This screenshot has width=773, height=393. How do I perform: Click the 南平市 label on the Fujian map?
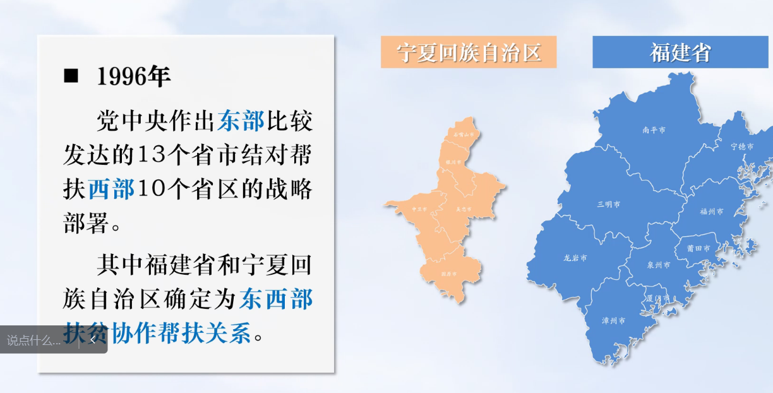[x=654, y=130]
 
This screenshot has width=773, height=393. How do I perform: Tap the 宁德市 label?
[x=742, y=146]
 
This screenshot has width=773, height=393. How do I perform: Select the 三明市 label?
[x=608, y=205]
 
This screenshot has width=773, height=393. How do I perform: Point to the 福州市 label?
[x=712, y=212]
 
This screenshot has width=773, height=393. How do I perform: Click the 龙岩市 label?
[x=575, y=258]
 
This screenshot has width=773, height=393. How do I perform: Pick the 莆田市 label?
[x=698, y=248]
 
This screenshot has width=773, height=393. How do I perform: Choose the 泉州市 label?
[x=659, y=265]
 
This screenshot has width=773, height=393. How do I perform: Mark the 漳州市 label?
[x=614, y=320]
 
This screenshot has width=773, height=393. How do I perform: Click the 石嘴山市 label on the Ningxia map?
[x=464, y=135]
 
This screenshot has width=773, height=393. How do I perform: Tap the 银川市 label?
[x=454, y=162]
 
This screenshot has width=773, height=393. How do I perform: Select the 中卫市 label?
[x=419, y=209]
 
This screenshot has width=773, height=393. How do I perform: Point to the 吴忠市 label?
[x=464, y=209]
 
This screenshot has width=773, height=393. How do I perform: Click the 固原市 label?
[x=448, y=274]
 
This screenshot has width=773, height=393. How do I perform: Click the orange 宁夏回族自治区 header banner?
[x=468, y=52]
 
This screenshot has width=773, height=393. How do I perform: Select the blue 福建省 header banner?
[x=680, y=52]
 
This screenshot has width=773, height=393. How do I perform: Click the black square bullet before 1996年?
[x=71, y=76]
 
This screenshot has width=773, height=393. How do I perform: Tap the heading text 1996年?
[x=134, y=76]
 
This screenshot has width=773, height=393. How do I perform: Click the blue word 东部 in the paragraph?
[x=241, y=121]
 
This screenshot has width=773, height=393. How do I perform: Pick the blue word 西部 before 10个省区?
[x=111, y=189]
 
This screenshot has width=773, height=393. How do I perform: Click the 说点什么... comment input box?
[x=35, y=341]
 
